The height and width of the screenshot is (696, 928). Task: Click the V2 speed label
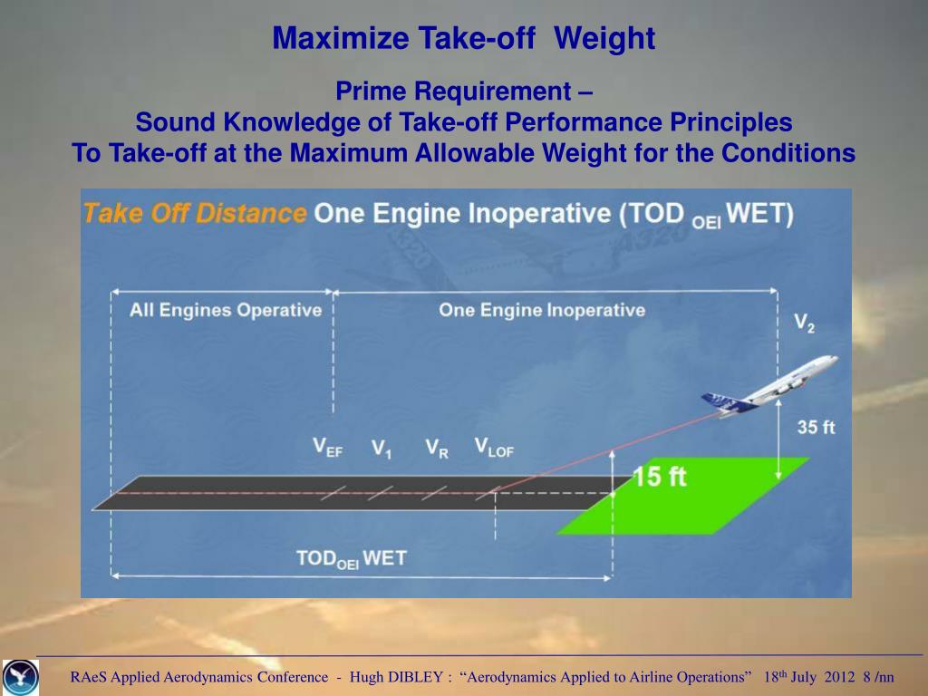(x=804, y=324)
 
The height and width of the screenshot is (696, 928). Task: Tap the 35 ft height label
(x=816, y=428)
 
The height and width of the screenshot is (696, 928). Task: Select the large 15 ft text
(x=660, y=477)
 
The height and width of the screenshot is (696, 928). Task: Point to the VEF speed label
(x=327, y=447)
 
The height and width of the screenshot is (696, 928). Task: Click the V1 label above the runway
(x=382, y=449)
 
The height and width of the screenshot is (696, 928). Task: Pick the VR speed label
(x=437, y=449)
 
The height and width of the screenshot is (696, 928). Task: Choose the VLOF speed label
(x=494, y=448)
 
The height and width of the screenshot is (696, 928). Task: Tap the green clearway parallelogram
(x=683, y=496)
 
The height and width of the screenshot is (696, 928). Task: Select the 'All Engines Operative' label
(x=226, y=310)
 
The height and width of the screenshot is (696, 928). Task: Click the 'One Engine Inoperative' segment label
(x=542, y=310)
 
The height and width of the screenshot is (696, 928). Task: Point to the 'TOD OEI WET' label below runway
(x=352, y=558)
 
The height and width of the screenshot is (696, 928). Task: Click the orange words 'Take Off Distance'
(x=195, y=213)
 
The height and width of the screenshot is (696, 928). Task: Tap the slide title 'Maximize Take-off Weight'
(x=463, y=38)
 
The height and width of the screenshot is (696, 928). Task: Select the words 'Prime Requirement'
(x=453, y=92)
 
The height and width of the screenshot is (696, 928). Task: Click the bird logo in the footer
(x=21, y=677)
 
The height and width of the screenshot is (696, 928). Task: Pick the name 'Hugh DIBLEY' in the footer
(x=397, y=677)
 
